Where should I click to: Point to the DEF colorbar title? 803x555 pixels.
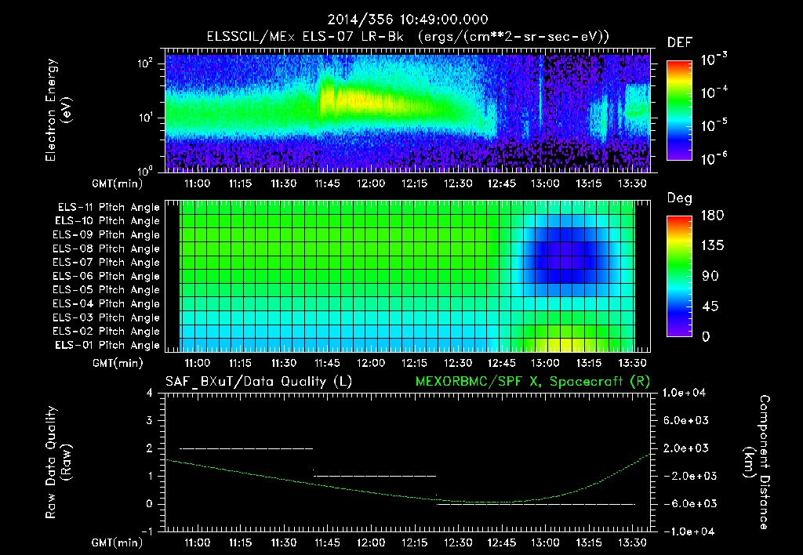coord(679,42)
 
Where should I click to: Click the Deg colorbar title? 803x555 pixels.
coord(679,198)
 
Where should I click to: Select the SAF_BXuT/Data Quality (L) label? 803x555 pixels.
coord(258,381)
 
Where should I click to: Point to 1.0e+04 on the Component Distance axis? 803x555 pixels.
coord(685,393)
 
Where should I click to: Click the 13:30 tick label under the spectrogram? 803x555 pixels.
coord(632,183)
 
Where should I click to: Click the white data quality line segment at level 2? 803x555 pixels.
coord(246,448)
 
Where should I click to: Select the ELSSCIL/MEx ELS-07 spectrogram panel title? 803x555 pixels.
coord(407,37)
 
